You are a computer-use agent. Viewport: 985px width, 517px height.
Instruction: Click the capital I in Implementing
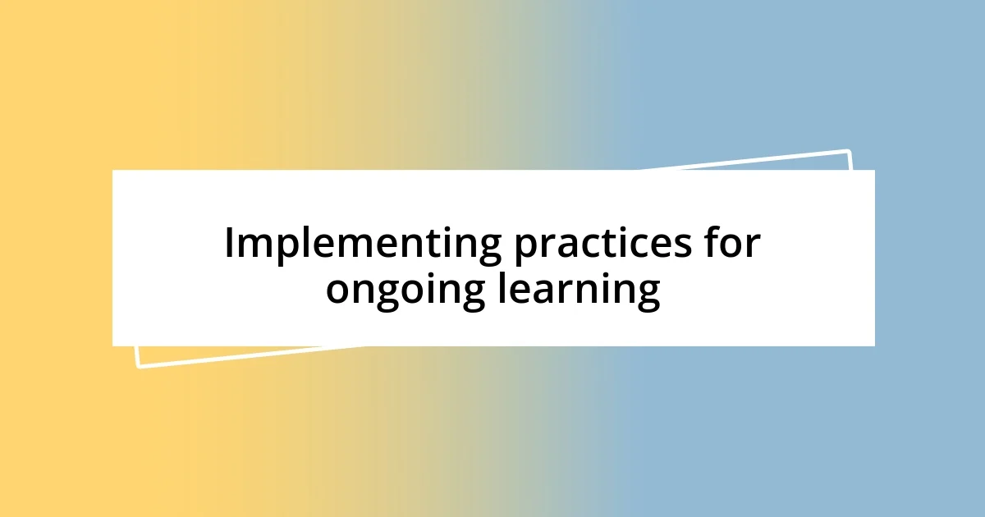tap(230, 244)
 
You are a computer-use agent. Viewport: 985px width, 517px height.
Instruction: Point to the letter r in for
tap(754, 247)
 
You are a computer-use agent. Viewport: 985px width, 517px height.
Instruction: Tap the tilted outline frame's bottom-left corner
tap(137, 367)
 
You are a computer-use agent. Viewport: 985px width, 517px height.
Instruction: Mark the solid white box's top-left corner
tap(113, 171)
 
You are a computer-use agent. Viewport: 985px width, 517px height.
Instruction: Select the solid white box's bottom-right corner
tap(873, 345)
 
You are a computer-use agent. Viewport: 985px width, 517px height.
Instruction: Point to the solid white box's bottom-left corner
tap(113, 345)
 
